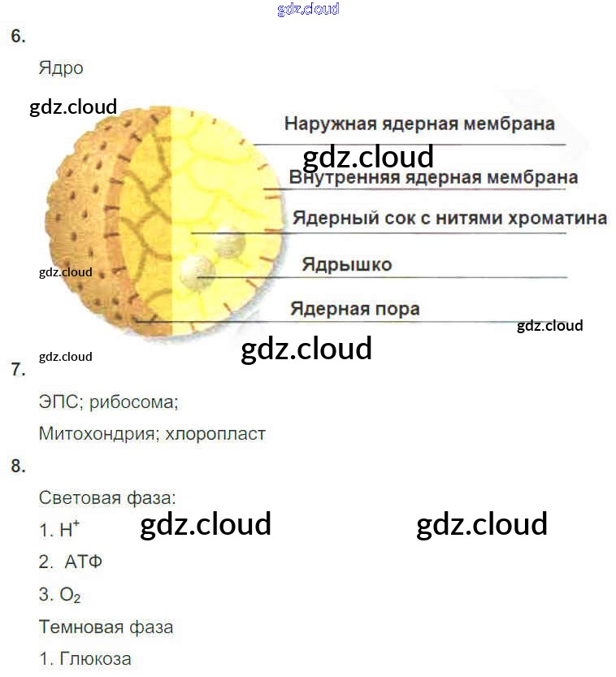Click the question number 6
click(18, 37)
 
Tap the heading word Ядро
click(61, 68)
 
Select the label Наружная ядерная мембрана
click(419, 124)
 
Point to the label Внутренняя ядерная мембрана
click(433, 177)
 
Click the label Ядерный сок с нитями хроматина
click(449, 219)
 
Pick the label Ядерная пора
click(355, 309)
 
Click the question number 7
click(18, 370)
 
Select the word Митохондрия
click(97, 434)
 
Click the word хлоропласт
click(215, 434)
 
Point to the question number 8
click(18, 467)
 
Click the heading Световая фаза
click(106, 497)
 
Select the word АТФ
click(83, 562)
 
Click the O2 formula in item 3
click(70, 596)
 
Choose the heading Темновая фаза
click(106, 627)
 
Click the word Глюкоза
click(95, 659)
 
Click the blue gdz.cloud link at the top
click(308, 10)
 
